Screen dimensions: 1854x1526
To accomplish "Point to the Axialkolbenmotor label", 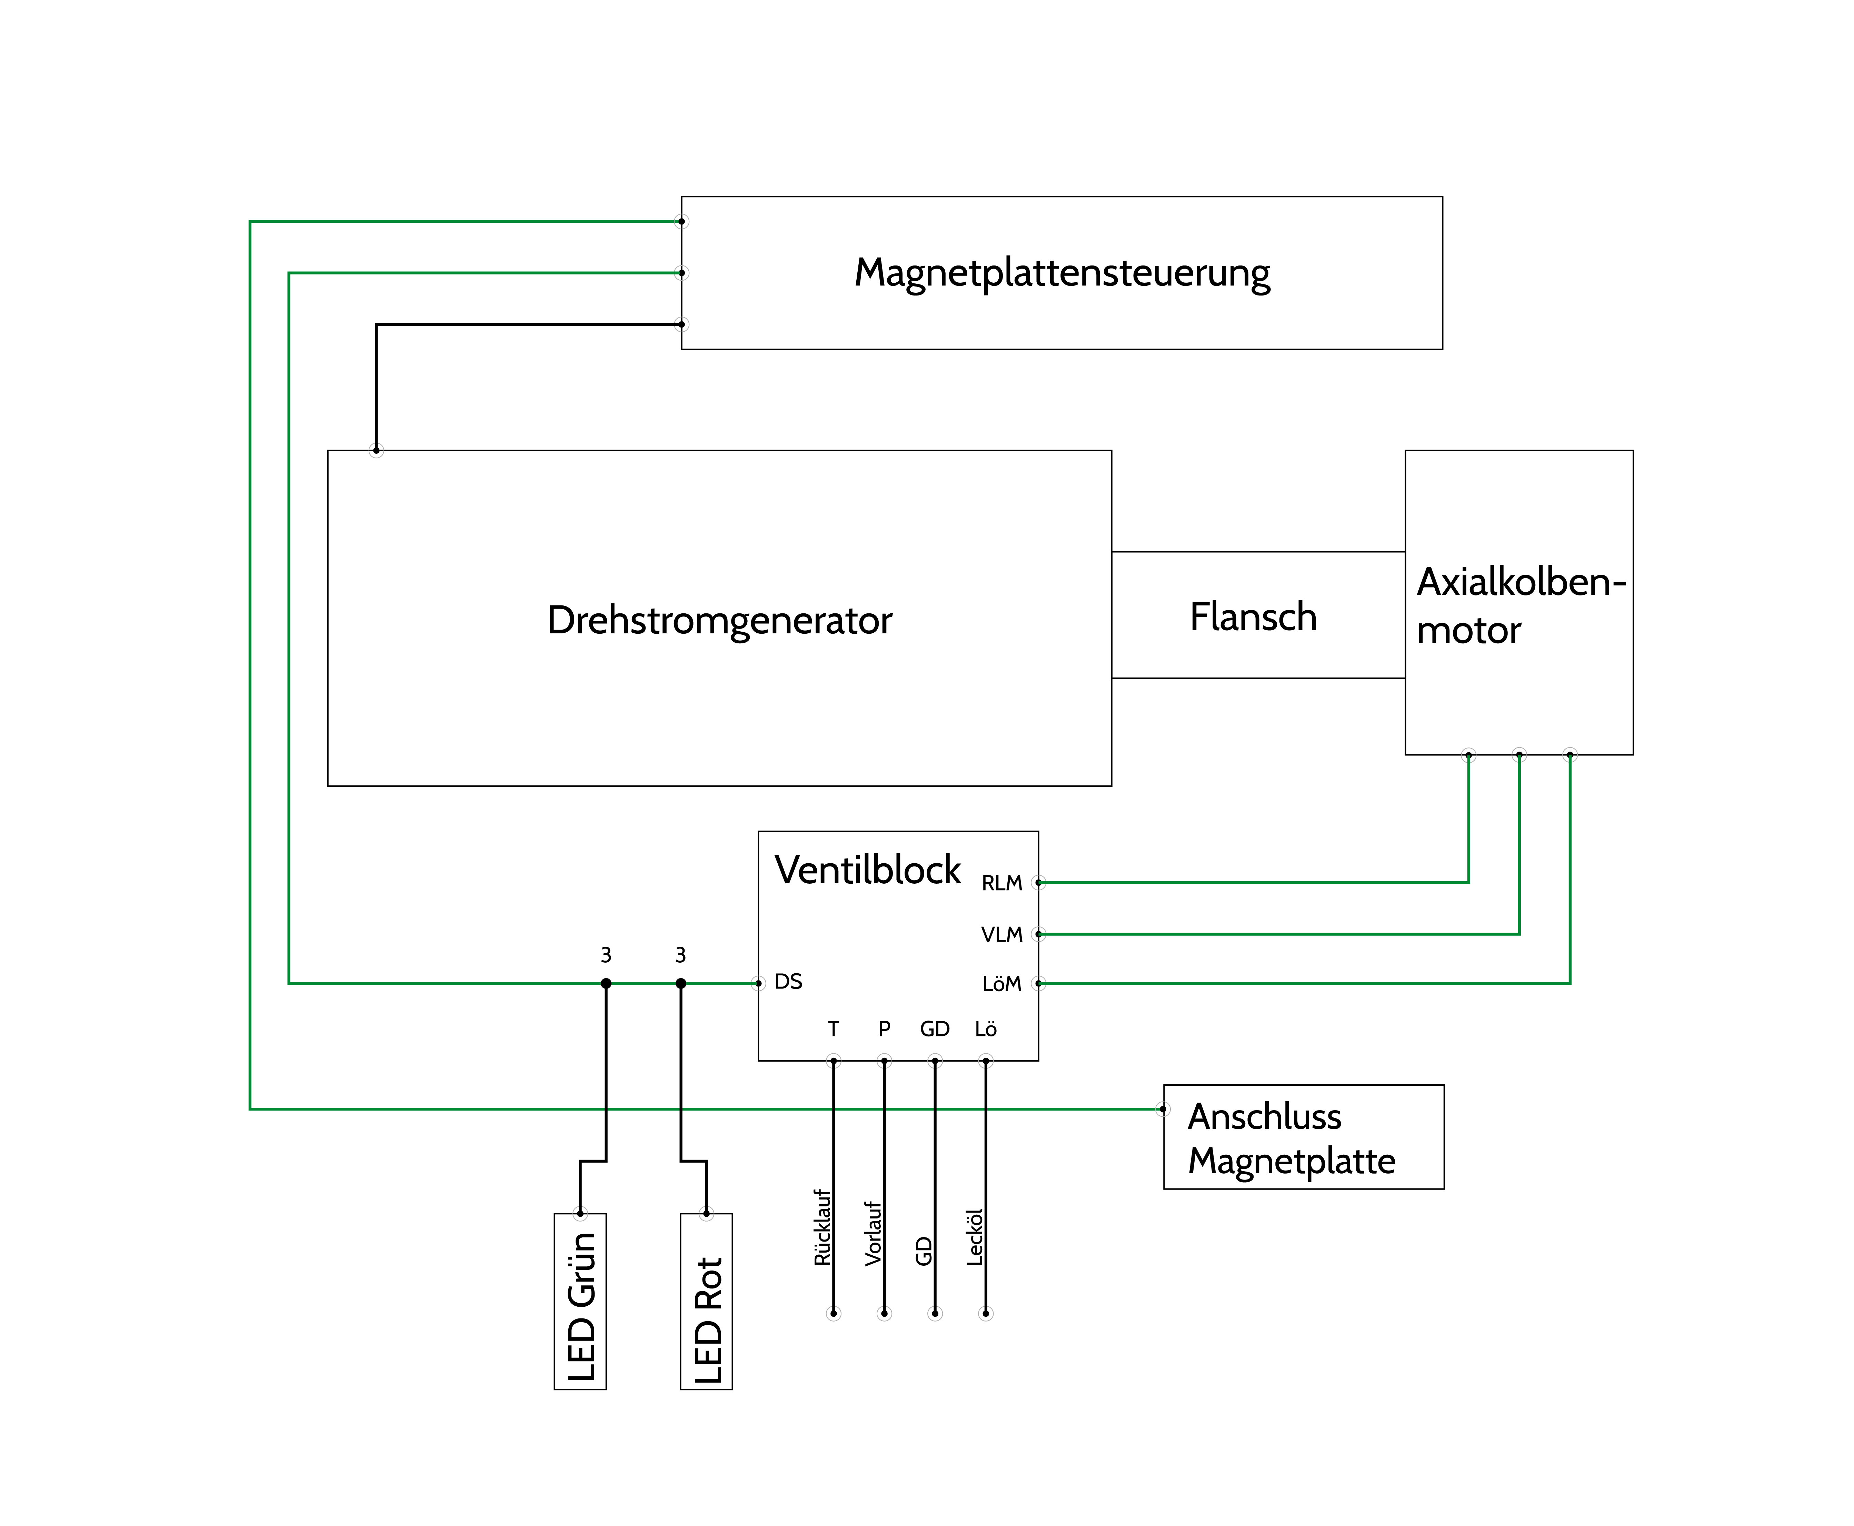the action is point(1521,606).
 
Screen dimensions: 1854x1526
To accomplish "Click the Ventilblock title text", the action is point(868,870).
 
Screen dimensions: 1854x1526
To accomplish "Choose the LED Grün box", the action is point(580,1301).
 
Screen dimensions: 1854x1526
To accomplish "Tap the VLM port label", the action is point(1001,934).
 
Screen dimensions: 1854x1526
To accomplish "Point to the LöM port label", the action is point(1001,984).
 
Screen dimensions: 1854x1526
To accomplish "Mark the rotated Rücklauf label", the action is point(822,1227).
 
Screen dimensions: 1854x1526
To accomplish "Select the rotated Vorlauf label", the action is point(873,1233).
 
